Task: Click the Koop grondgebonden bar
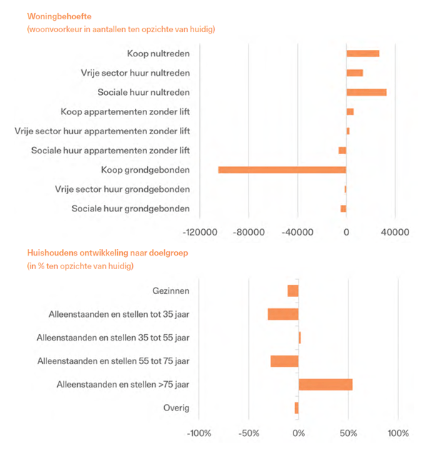[282, 170]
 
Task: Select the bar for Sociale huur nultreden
[366, 92]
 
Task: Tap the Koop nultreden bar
[363, 54]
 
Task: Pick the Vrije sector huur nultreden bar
[355, 73]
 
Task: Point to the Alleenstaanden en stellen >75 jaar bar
[326, 385]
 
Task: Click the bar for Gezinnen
[293, 291]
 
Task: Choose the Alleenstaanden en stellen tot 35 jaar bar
[283, 314]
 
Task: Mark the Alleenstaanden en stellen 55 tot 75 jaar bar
[284, 361]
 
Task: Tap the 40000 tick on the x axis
[395, 231]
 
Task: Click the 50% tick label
[348, 433]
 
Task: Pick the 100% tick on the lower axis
[398, 433]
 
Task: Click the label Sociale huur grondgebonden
[131, 208]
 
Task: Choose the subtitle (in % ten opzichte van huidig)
[80, 266]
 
